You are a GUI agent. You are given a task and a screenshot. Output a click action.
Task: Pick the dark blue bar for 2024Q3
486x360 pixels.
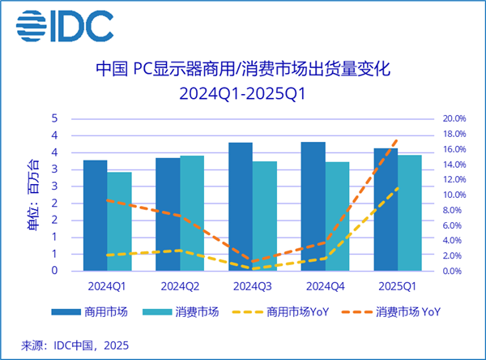tap(241, 207)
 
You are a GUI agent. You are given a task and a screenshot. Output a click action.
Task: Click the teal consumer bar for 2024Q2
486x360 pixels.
tap(192, 213)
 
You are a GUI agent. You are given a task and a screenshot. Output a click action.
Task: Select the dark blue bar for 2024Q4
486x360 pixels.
tap(313, 207)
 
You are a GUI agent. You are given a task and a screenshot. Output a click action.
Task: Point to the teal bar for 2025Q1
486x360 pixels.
tap(410, 213)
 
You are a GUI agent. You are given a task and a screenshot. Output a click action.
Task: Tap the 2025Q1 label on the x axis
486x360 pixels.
tap(398, 286)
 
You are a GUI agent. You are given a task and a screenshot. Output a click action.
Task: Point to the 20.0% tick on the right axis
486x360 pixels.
tap(454, 119)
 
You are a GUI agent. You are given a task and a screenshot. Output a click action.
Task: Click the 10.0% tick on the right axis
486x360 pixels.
tap(454, 195)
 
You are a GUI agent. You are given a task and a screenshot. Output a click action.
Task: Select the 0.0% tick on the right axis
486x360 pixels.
tap(452, 272)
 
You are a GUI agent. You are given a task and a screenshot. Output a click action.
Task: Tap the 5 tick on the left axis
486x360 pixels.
tap(54, 119)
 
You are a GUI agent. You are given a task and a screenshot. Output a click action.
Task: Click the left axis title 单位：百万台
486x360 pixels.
tap(32, 195)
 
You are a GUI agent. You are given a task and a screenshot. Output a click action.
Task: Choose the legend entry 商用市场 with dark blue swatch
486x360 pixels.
tap(89, 311)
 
